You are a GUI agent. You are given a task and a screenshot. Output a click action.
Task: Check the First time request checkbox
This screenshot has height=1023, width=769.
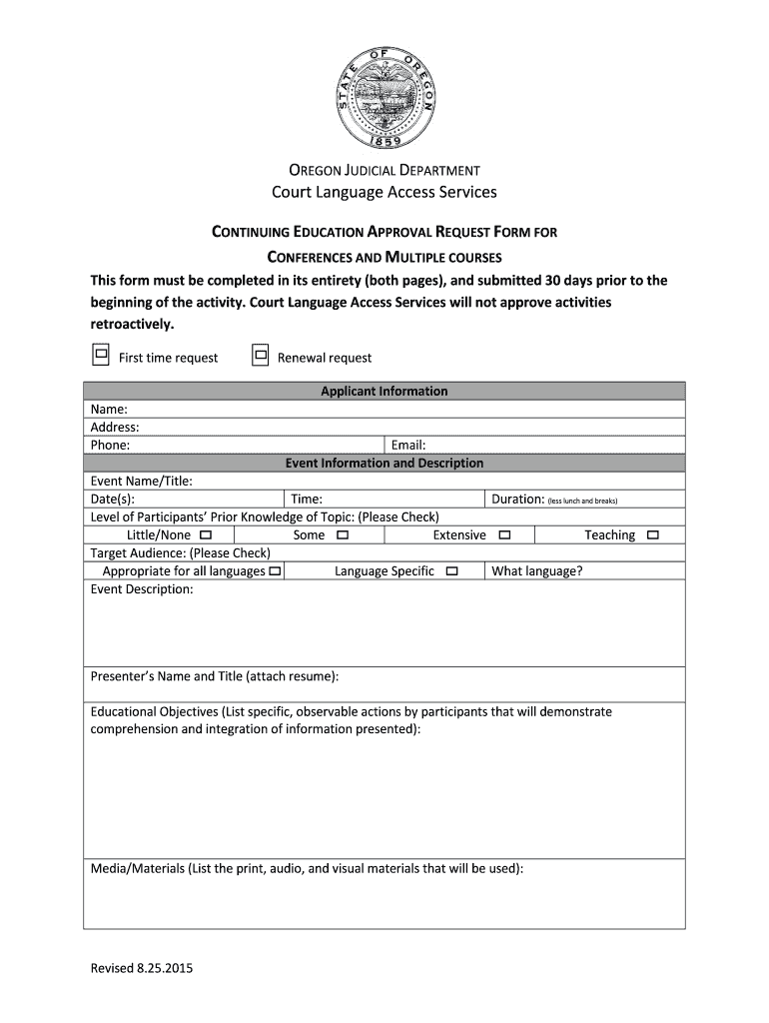pos(101,355)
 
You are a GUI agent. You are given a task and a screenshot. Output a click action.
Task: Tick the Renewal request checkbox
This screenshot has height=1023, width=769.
pos(260,355)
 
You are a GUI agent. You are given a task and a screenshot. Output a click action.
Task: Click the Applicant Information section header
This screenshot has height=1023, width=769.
pos(384,392)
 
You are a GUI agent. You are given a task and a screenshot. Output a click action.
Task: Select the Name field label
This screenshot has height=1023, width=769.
pos(109,410)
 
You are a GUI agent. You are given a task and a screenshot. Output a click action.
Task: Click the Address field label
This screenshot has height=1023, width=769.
pos(115,428)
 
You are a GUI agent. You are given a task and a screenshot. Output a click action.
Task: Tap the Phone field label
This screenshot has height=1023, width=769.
pos(110,446)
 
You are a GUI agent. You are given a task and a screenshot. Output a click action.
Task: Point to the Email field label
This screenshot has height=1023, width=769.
pos(408,446)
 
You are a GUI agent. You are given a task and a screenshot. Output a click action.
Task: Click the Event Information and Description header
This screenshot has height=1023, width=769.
pos(384,464)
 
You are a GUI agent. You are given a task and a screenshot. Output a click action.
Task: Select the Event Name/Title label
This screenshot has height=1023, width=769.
pos(141,482)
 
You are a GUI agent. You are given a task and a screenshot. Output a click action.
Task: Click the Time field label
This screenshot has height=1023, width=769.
pos(306,500)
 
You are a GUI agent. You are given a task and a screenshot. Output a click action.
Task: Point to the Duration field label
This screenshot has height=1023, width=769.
pos(517,500)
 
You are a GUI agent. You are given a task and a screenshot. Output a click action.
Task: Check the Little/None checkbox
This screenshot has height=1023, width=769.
pos(205,535)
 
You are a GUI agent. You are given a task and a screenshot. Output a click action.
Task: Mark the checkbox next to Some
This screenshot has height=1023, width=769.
pos(343,535)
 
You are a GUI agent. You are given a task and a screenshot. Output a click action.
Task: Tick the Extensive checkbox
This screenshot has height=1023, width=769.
pos(504,535)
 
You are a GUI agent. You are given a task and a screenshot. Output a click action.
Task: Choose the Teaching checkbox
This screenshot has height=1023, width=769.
pos(652,535)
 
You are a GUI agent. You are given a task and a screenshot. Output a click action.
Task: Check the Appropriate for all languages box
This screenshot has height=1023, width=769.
pos(275,571)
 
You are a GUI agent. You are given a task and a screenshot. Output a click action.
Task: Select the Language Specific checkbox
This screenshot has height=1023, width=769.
pos(451,571)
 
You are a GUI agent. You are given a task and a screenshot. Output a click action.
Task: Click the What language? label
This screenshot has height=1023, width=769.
pos(536,571)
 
